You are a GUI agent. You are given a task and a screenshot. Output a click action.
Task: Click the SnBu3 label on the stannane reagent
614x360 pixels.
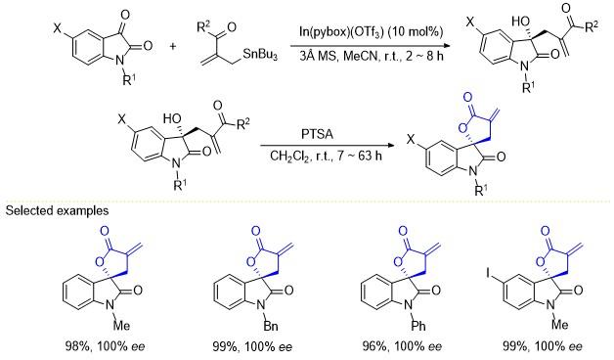[x=260, y=54]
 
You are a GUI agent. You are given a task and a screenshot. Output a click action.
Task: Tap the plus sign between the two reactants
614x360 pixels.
[x=173, y=46]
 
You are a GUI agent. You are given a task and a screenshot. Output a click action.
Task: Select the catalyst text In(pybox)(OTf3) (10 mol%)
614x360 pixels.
[x=371, y=32]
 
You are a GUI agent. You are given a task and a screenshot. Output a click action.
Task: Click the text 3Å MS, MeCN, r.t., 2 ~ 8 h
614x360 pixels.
[x=372, y=56]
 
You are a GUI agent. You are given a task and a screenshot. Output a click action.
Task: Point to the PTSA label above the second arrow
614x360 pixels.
[x=317, y=134]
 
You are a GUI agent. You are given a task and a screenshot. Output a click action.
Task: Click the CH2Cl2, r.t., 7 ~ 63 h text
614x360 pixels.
[x=326, y=157]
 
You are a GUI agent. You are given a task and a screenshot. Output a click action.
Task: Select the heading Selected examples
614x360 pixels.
[x=57, y=210]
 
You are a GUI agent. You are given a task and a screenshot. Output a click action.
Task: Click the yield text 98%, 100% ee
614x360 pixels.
[x=105, y=346]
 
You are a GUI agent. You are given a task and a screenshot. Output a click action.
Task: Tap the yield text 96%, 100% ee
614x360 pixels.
[x=402, y=346]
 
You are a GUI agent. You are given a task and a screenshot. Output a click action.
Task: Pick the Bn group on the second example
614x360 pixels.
[x=270, y=326]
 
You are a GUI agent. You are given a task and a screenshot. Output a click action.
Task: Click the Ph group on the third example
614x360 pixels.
[x=418, y=326]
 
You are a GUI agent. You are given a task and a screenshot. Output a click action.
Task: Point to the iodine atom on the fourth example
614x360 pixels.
[x=488, y=273]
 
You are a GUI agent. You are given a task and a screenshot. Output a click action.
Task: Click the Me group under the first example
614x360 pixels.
[x=121, y=325]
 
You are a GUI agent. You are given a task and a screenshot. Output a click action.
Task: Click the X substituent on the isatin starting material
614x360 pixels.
[x=58, y=27]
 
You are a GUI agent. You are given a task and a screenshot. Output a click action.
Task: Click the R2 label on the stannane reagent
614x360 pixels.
[x=203, y=28]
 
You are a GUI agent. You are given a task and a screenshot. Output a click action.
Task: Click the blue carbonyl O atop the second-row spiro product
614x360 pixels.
[x=467, y=97]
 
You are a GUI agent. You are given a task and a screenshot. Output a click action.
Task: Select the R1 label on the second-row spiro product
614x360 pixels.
[x=481, y=190]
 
